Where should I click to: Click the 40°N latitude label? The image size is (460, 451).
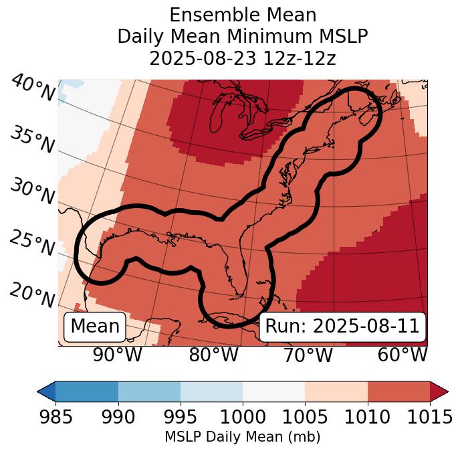[x=32, y=89]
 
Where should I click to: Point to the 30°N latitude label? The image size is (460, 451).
[x=32, y=192]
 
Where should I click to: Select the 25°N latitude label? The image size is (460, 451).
[x=32, y=244]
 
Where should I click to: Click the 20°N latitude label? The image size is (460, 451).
[x=32, y=294]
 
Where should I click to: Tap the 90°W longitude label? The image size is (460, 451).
[x=117, y=355]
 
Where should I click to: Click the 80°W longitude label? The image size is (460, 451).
[x=213, y=355]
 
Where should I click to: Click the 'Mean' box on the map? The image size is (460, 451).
[x=95, y=327]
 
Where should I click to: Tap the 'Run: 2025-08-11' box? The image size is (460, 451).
[x=342, y=327]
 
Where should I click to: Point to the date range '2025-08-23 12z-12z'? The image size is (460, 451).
[x=243, y=58]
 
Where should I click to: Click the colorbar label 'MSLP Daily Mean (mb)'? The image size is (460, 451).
[x=243, y=437]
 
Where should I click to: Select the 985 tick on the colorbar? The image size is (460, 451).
[x=55, y=418]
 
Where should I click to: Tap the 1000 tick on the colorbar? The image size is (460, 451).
[x=243, y=418]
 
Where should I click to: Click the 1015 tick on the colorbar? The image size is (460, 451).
[x=429, y=418]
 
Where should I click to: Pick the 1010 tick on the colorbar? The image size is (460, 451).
[x=367, y=418]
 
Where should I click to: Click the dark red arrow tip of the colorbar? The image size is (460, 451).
[x=439, y=391]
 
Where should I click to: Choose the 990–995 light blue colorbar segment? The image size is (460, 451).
[x=149, y=391]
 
